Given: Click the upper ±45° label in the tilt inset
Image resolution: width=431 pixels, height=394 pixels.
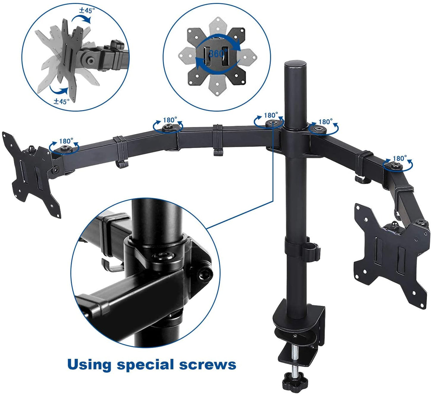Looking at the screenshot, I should tap(87, 10).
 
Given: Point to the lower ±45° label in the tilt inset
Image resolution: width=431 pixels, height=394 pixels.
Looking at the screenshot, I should tap(61, 101).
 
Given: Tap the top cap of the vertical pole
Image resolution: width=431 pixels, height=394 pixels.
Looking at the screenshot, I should tap(295, 65).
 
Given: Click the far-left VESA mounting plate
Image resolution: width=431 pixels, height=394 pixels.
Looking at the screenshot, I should tap(31, 173).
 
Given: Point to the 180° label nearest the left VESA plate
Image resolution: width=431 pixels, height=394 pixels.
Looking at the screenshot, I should tap(66, 141).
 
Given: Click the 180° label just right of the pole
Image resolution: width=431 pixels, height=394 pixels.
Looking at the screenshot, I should tap(325, 122).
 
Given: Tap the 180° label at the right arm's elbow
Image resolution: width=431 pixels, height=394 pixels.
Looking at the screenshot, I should tap(400, 158).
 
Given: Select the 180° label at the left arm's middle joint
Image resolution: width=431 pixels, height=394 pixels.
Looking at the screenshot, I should tap(170, 120).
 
